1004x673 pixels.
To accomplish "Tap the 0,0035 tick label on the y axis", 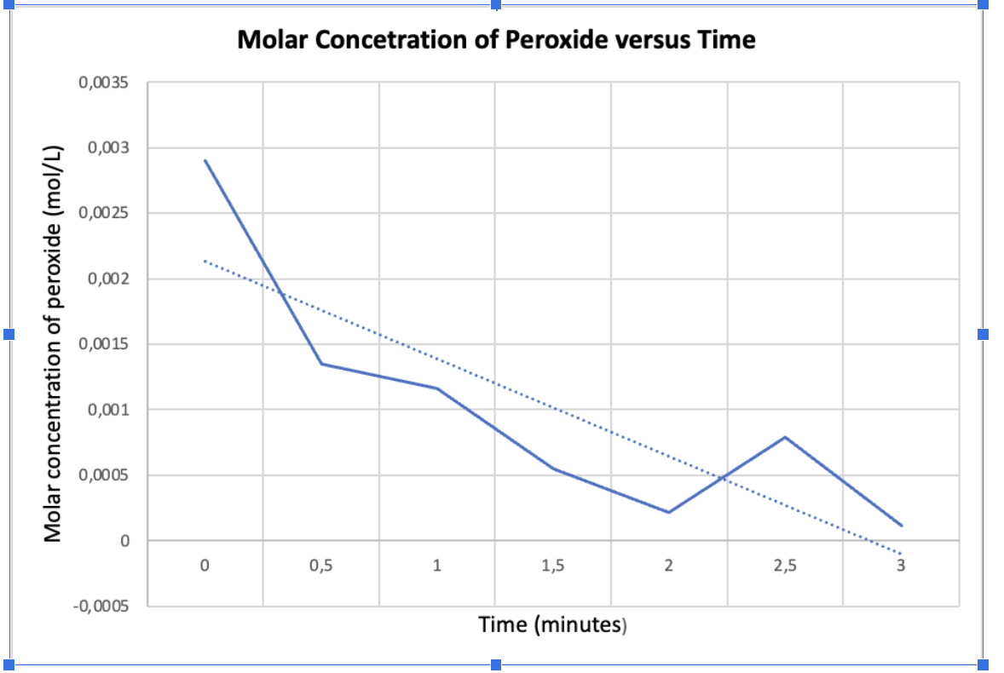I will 103,83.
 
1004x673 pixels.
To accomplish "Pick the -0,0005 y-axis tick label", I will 101,607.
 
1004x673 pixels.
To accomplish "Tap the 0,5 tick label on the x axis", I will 320,565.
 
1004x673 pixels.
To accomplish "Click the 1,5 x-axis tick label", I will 552,565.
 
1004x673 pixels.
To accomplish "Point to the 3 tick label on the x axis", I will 901,565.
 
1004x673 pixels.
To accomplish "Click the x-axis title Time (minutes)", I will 553,625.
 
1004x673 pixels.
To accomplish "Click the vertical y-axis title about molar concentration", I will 53,341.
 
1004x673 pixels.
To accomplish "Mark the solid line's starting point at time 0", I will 205,160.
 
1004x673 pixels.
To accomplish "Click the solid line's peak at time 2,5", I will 785,437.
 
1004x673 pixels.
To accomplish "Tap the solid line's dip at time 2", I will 669,512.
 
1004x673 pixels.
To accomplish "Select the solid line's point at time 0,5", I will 320,364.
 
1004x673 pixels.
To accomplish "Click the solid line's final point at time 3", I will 901,526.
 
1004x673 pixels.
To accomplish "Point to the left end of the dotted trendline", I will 205,261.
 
